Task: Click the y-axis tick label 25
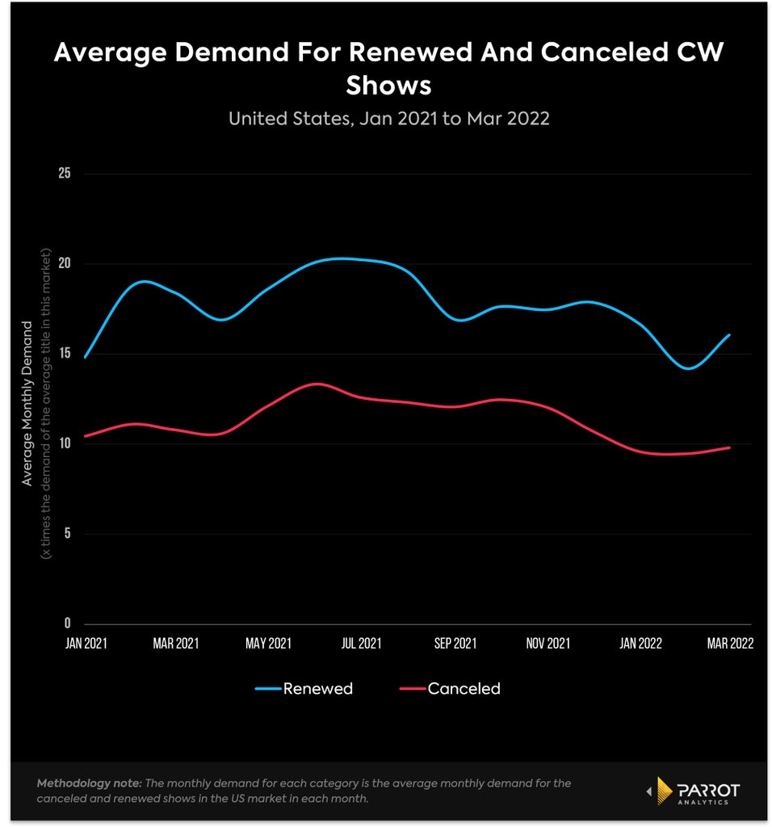coord(65,173)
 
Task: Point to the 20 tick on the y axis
coord(65,263)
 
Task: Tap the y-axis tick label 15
coord(65,353)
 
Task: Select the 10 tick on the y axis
coord(65,443)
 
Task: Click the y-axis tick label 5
coord(67,533)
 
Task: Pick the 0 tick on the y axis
coord(67,623)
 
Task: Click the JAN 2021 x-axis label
coord(86,644)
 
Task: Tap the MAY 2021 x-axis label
coord(268,644)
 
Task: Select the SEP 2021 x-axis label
coord(455,644)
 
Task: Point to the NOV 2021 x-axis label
coord(548,644)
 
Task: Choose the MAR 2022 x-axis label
coord(730,644)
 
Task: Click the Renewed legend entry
coord(304,688)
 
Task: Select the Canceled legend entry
coord(450,688)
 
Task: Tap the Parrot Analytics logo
coord(693,791)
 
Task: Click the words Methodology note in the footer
coord(89,783)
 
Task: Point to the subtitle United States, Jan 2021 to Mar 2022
coord(388,119)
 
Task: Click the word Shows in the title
coord(388,86)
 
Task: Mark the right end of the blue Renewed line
coord(730,334)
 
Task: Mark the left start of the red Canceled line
coord(85,436)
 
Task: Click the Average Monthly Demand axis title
coord(27,404)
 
